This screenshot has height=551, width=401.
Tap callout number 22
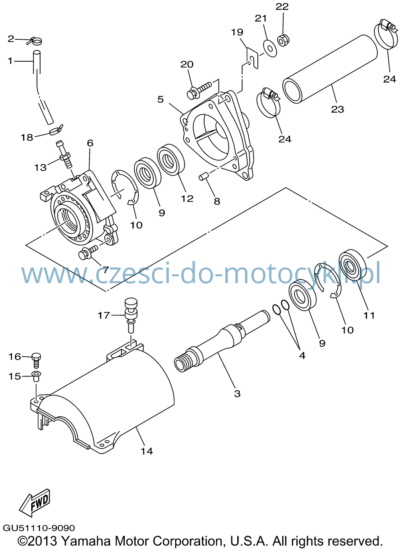coord(282,7)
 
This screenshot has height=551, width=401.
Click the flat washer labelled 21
coord(270,48)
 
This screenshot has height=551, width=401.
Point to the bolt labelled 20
coord(199,90)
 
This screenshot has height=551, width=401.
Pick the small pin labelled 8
coord(204,176)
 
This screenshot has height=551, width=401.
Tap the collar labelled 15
coord(36,377)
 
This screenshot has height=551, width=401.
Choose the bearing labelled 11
coord(352,265)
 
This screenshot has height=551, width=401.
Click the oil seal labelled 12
coord(171,160)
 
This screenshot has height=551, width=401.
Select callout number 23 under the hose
coord(338,109)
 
